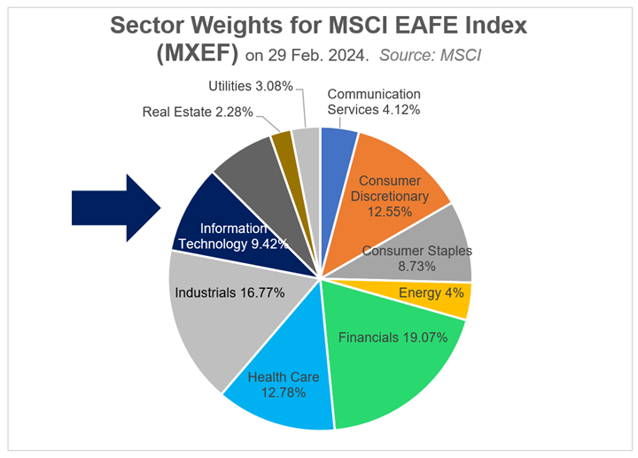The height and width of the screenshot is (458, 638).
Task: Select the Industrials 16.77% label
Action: click(x=230, y=292)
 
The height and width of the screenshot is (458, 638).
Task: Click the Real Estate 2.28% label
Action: click(x=198, y=113)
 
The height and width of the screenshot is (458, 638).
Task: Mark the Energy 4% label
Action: click(x=429, y=293)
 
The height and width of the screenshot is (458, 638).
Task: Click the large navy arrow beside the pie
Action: click(x=115, y=207)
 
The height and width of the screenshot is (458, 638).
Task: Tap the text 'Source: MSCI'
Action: click(x=437, y=57)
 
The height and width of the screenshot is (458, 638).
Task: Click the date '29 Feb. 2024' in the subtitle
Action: click(x=318, y=57)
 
